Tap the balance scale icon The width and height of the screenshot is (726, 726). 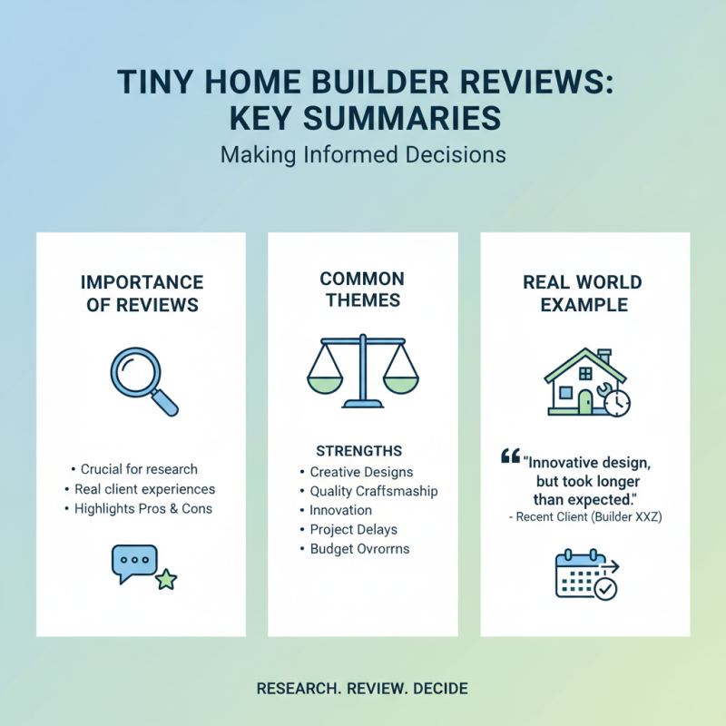click(362, 372)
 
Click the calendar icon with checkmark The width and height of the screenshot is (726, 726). click(586, 574)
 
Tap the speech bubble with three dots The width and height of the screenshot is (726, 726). click(134, 563)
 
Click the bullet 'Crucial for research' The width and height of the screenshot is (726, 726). click(139, 469)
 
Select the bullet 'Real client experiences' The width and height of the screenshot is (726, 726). click(143, 489)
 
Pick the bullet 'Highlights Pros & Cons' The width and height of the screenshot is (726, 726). click(143, 508)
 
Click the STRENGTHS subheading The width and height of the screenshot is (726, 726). click(358, 451)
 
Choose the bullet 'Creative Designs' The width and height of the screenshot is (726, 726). click(360, 472)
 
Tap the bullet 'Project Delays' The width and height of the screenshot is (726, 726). click(353, 529)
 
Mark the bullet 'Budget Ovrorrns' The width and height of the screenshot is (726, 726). click(359, 548)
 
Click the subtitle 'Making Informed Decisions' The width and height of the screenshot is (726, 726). click(363, 154)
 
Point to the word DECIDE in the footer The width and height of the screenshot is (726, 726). click(440, 689)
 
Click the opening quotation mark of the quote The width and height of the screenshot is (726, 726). click(510, 456)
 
